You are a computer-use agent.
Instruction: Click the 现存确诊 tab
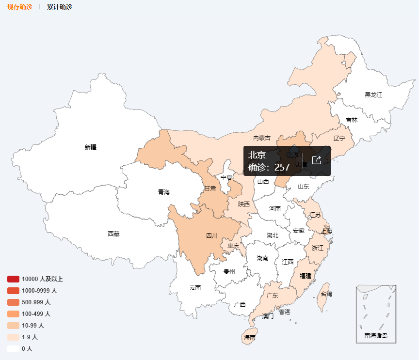point(19,7)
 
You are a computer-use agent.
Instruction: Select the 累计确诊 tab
point(60,7)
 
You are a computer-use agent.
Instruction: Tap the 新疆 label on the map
point(90,147)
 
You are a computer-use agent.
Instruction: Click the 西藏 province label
point(113,234)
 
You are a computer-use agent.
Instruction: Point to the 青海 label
point(164,192)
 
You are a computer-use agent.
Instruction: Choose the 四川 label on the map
point(212,236)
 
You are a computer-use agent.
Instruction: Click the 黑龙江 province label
point(373,94)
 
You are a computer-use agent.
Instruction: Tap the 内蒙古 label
point(262,138)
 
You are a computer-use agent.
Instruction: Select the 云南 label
point(195,287)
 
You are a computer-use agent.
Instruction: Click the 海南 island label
point(250,337)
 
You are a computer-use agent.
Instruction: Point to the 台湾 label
point(326,294)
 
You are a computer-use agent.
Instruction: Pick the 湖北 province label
point(273,235)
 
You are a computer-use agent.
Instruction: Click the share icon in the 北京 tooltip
point(317,160)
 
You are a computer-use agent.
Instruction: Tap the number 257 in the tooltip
point(282,168)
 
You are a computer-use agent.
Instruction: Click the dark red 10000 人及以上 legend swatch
point(13,279)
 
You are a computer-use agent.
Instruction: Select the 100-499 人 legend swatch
point(13,314)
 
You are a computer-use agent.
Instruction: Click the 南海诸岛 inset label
point(376,335)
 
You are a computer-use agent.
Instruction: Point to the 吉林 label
point(352,120)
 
